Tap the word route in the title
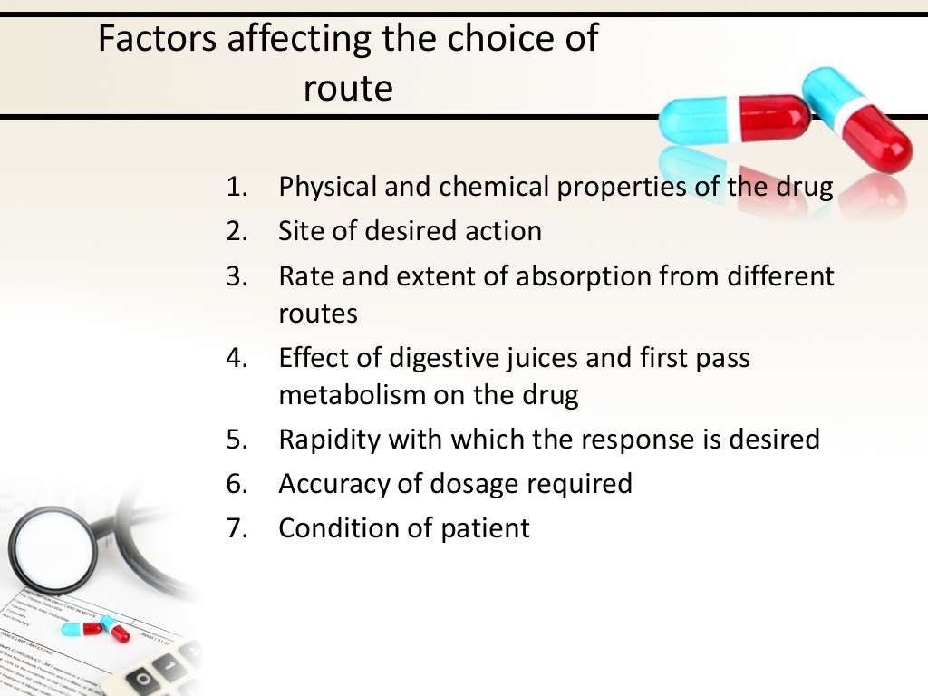pyautogui.click(x=348, y=89)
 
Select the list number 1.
pyautogui.click(x=237, y=188)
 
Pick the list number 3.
pyautogui.click(x=237, y=275)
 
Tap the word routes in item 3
pyautogui.click(x=318, y=314)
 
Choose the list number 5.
pyautogui.click(x=237, y=440)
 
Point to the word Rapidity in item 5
pyautogui.click(x=330, y=440)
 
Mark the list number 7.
pyautogui.click(x=237, y=527)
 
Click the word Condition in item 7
pyautogui.click(x=342, y=527)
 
